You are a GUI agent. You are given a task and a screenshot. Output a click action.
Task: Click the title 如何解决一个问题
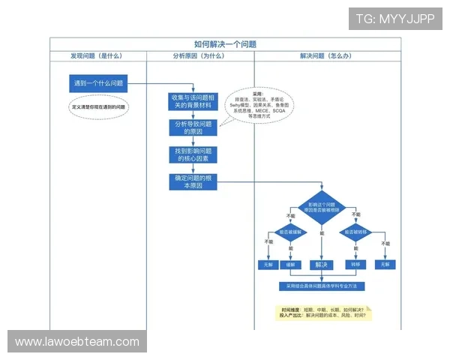(x=225, y=44)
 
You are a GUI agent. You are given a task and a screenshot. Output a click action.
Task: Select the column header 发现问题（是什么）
(x=97, y=55)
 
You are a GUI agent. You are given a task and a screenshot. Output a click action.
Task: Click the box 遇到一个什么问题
(x=97, y=83)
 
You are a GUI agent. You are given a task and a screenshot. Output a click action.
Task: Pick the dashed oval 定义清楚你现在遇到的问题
(x=98, y=107)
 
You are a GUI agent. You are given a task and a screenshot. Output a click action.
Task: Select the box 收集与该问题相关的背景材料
(x=193, y=101)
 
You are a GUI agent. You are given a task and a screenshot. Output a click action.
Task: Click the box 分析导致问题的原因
(x=193, y=127)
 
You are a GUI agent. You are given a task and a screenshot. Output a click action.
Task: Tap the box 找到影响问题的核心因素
(x=193, y=154)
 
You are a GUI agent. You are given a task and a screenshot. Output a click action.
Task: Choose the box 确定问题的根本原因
(x=193, y=181)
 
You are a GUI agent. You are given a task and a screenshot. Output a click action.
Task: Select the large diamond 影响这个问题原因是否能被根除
(x=322, y=208)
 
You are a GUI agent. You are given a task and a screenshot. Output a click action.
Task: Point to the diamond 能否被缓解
(x=289, y=232)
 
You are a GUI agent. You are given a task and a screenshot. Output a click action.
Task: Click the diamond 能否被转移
(x=355, y=232)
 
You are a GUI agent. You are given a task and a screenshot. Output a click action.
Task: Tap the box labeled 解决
(x=322, y=264)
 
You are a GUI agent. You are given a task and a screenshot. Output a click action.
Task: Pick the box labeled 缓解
(x=289, y=264)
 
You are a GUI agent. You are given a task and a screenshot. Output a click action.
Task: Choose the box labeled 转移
(x=355, y=264)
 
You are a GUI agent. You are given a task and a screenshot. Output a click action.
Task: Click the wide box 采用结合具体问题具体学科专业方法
(x=322, y=286)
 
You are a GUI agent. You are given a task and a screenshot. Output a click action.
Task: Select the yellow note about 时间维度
(x=325, y=312)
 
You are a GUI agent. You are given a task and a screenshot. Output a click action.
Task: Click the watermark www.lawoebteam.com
(x=77, y=342)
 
